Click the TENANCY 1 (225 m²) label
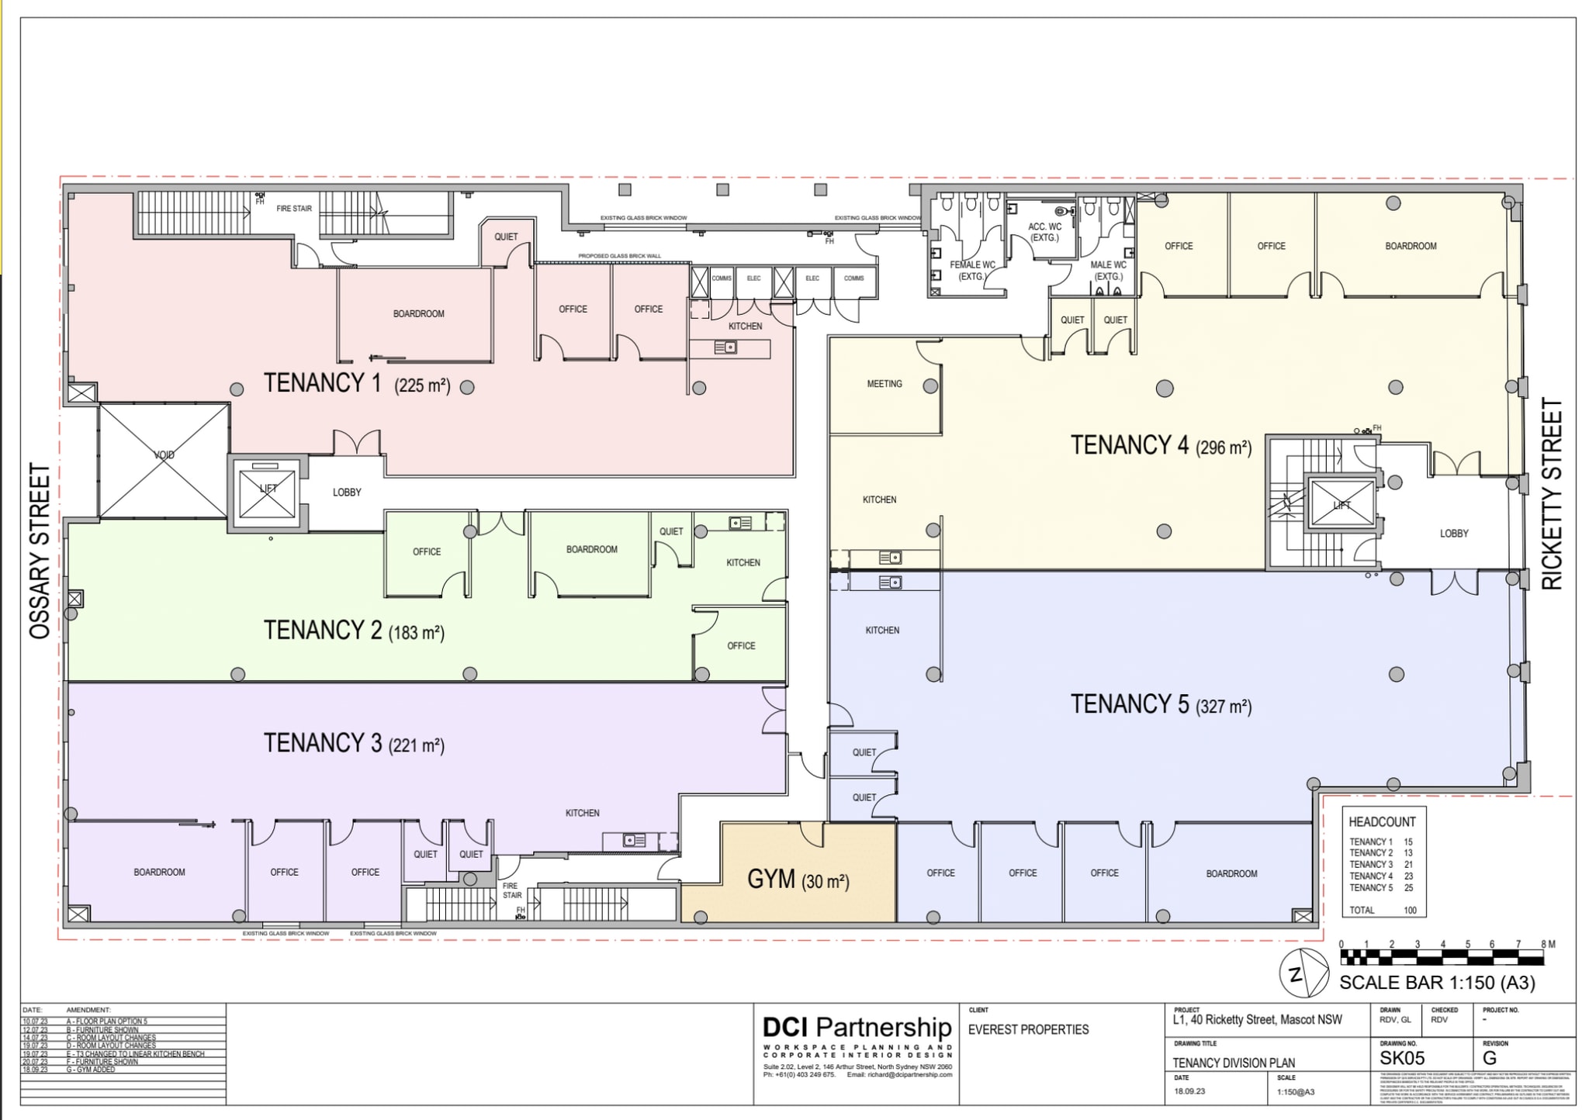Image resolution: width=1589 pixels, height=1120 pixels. point(357,383)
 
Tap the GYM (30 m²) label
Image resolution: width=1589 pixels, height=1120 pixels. point(798,880)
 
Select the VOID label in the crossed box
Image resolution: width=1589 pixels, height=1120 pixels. point(164,455)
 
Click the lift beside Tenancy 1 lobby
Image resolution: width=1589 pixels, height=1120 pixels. point(268,493)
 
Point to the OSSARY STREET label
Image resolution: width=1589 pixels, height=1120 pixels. point(40,551)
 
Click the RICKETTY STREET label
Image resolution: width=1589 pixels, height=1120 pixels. point(1551,494)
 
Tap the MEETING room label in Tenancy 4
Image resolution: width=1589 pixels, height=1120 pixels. point(885,384)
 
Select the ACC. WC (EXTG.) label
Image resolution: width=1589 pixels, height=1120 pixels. point(1044,232)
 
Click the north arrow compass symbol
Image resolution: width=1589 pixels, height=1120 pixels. point(1303,973)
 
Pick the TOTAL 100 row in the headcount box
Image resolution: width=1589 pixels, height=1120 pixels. point(1383,910)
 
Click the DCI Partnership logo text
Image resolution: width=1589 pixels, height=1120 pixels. point(857,1028)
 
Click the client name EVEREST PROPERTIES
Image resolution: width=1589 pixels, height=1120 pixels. point(1028,1030)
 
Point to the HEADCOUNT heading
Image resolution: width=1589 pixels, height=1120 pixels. point(1382,822)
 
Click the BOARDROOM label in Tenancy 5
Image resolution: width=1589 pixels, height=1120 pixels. point(1231,873)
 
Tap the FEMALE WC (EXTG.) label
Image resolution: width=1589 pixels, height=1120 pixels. point(971,270)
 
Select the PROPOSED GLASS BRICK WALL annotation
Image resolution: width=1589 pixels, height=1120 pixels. point(619,256)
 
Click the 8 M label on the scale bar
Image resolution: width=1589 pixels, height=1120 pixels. point(1548,944)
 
